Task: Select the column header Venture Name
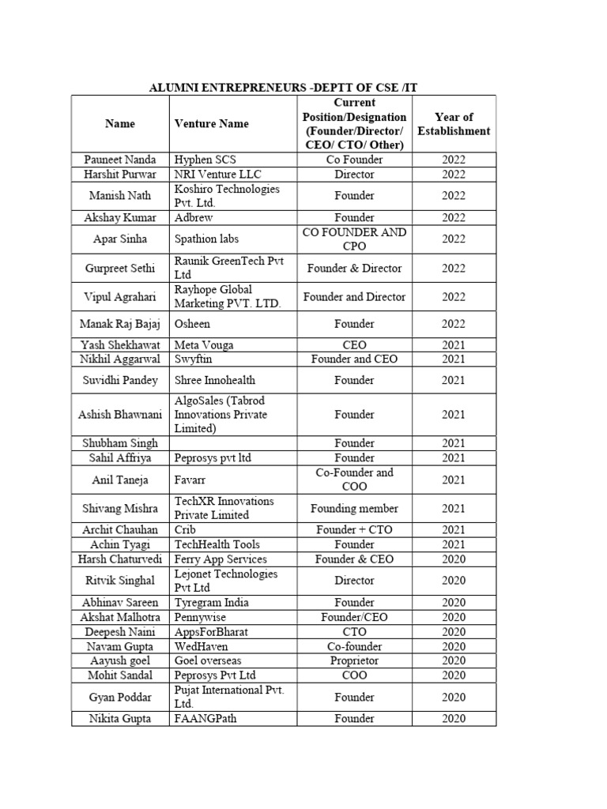tap(211, 123)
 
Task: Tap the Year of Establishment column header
tap(454, 124)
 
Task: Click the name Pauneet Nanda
tap(120, 160)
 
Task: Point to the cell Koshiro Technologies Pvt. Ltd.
tap(227, 195)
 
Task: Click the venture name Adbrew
tap(194, 217)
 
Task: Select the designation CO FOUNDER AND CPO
tap(354, 239)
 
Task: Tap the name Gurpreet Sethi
tap(120, 268)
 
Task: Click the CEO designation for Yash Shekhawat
tap(354, 344)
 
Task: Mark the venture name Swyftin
tap(195, 359)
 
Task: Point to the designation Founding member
tap(354, 508)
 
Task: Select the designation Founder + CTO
tap(354, 529)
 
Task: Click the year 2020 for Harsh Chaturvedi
tap(454, 559)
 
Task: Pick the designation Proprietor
tap(354, 660)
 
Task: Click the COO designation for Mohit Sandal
tap(354, 675)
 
